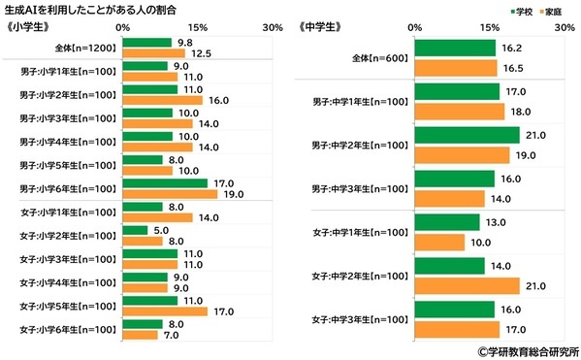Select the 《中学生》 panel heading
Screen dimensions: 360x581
(324, 27)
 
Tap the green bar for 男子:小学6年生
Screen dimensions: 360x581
(163, 182)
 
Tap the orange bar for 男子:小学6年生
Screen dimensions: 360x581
(168, 193)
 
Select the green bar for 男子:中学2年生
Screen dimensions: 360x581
(467, 135)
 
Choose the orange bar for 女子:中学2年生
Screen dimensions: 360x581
(467, 285)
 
